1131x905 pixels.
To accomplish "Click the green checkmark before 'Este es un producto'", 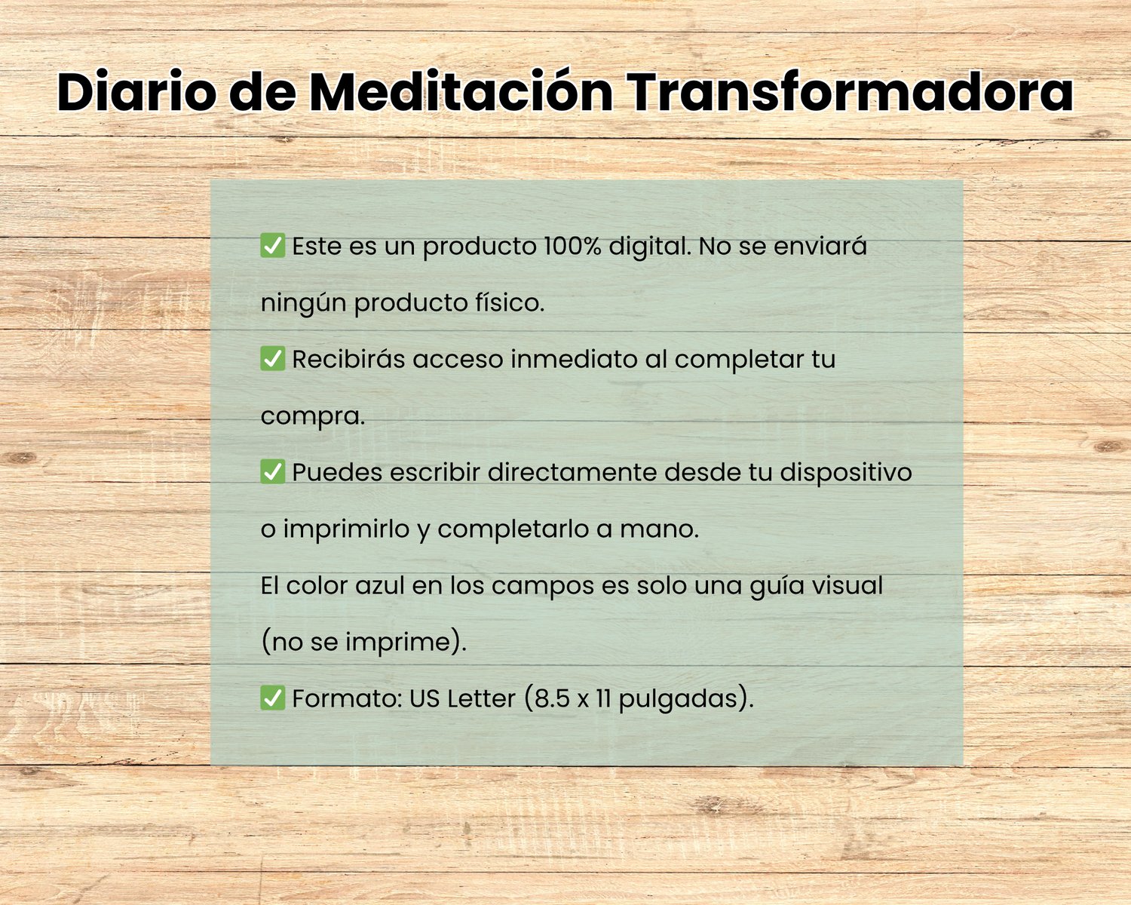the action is (273, 246).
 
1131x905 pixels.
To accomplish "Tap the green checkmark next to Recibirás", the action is (273, 359).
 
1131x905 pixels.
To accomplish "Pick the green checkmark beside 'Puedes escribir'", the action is (273, 471).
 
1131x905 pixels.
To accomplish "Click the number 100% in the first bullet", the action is (572, 246).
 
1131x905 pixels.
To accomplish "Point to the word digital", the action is (650, 247).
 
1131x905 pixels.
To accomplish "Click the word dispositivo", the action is (846, 473).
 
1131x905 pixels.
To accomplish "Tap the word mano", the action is (659, 529).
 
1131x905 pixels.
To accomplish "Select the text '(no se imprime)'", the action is (363, 643).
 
